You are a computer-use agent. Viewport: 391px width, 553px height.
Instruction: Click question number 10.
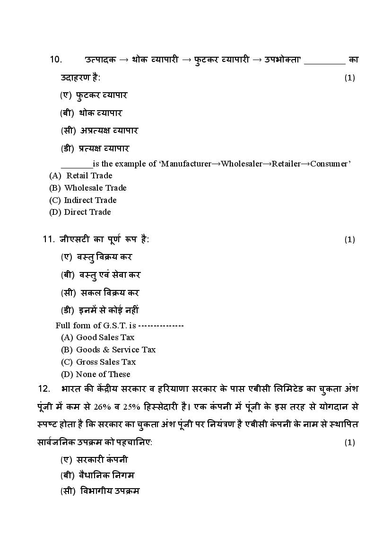click(x=56, y=60)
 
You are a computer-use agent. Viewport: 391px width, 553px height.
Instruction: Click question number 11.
click(x=49, y=239)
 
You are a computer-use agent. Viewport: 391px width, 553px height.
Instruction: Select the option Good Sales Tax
click(x=105, y=337)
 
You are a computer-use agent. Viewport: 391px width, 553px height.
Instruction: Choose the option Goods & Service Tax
click(x=115, y=350)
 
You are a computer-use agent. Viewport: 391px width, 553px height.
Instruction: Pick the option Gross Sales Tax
click(x=106, y=362)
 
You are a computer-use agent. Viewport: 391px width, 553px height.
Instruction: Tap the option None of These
click(x=103, y=374)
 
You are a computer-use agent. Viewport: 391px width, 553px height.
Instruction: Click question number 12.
click(x=44, y=388)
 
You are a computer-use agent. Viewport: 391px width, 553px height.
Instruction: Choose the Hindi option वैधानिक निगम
click(x=107, y=475)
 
